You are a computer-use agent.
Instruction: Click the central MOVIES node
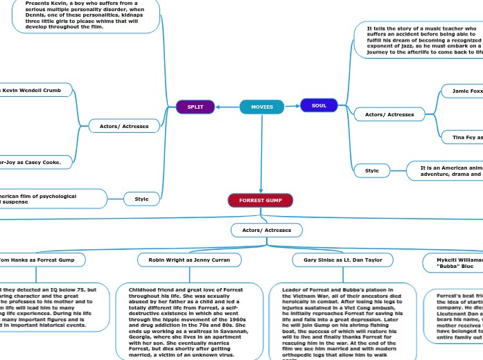click(262, 107)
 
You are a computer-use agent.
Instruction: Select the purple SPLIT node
click(195, 107)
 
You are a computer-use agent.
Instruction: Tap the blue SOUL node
click(319, 105)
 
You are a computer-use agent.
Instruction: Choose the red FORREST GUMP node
click(261, 200)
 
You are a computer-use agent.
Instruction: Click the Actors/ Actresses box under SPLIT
click(124, 126)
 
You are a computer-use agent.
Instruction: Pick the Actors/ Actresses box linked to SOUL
click(389, 114)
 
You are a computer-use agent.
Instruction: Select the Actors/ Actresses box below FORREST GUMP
click(266, 229)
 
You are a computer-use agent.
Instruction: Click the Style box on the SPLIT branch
click(141, 199)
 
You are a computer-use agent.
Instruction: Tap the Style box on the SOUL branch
click(372, 170)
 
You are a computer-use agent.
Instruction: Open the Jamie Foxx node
click(463, 91)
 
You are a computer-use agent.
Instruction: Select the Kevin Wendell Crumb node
click(35, 91)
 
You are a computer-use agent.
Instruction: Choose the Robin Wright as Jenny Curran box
click(190, 260)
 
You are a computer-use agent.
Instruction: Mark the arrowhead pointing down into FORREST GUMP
click(261, 190)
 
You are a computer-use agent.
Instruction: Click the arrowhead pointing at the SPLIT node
click(219, 107)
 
